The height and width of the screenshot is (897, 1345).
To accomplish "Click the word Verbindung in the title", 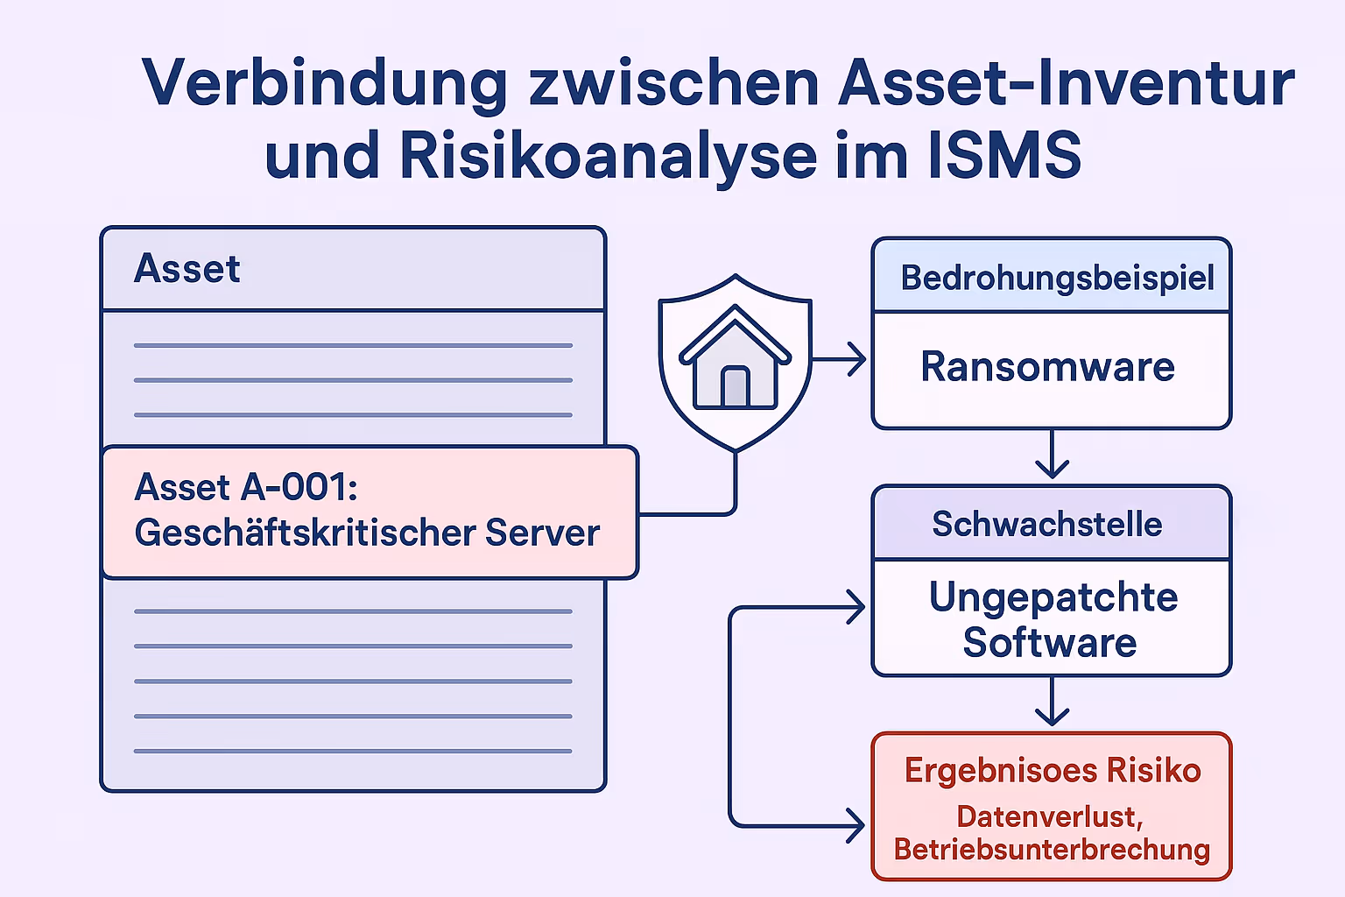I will pos(324,84).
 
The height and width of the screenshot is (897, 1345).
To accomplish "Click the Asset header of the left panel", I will pos(187,269).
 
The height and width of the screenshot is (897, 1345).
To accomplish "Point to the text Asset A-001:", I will pos(246,487).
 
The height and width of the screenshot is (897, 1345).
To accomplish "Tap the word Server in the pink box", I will pos(543,533).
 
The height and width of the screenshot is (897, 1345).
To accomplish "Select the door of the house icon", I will pos(736,386).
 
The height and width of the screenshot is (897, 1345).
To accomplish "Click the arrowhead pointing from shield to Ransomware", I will pos(856,359).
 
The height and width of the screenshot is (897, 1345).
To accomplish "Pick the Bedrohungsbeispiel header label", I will pos(1057,278).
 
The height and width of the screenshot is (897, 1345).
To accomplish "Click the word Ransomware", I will pos(1047,367).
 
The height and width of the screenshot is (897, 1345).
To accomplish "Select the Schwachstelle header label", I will pos(1047,524).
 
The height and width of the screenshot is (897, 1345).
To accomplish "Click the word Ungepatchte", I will pos(1053,597).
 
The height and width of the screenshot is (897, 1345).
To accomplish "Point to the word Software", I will pos(1050,643).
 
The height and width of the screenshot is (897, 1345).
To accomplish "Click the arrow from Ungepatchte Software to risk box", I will pos(1052,704).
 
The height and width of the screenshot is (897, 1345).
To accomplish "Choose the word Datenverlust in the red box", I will pos(1047,816).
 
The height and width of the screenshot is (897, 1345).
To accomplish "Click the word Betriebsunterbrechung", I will pos(1052,850).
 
